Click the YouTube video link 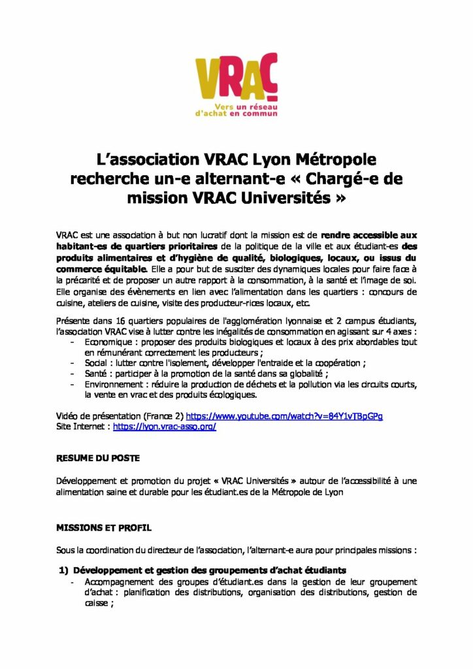click(x=284, y=416)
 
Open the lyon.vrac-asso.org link click(x=165, y=426)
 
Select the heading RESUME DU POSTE click(x=98, y=458)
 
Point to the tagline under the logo click(x=236, y=108)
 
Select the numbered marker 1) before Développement click(x=64, y=570)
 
